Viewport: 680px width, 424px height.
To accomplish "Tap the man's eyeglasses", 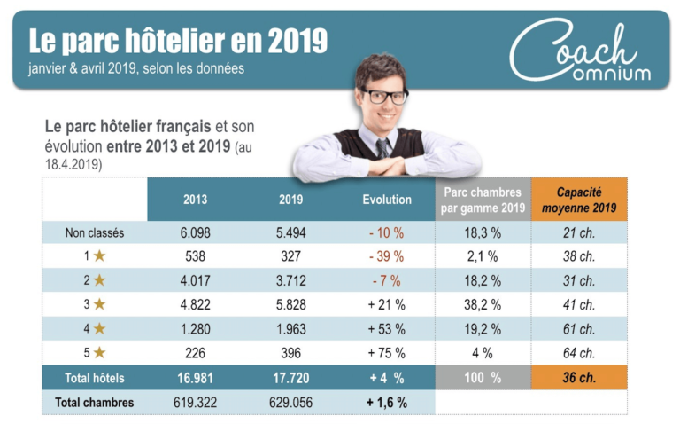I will pyautogui.click(x=382, y=95).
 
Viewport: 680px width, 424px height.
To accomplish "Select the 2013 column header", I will pyautogui.click(x=195, y=200).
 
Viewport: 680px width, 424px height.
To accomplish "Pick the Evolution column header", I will pyautogui.click(x=387, y=200).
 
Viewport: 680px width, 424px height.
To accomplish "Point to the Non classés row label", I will pyautogui.click(x=95, y=233).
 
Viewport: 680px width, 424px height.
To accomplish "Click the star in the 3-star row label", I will pyautogui.click(x=100, y=305).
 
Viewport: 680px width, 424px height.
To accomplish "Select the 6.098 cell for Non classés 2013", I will pyautogui.click(x=195, y=233).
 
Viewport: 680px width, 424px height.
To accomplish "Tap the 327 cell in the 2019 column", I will pyautogui.click(x=290, y=257).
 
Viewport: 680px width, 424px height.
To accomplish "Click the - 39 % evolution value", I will pyautogui.click(x=387, y=257).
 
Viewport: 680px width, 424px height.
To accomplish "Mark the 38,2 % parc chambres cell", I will pyautogui.click(x=483, y=305).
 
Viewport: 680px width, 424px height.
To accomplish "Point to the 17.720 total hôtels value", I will pyautogui.click(x=290, y=378).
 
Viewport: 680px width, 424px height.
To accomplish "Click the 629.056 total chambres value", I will pyautogui.click(x=290, y=403).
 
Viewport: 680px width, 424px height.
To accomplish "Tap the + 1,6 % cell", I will pyautogui.click(x=387, y=403).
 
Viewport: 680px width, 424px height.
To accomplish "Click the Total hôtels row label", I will pyautogui.click(x=95, y=378).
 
